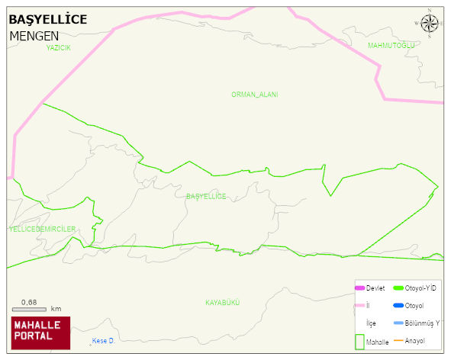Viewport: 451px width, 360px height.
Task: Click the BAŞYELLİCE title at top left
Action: click(47, 19)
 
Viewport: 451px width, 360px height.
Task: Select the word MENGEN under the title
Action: click(34, 36)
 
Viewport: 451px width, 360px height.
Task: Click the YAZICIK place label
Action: click(58, 47)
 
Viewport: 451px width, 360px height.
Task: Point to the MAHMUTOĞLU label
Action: click(391, 46)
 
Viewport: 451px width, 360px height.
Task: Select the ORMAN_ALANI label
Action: click(254, 95)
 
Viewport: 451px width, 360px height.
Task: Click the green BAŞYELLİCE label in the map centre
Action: click(206, 197)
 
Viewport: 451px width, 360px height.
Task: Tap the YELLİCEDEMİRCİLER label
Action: click(42, 229)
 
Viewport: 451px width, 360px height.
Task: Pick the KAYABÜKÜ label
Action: click(223, 303)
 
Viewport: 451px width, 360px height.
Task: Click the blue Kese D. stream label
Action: click(102, 340)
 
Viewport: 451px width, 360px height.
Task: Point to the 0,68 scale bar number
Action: click(29, 302)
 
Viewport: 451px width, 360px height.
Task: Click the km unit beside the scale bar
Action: click(56, 310)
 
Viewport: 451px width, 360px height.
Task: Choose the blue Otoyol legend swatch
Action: click(398, 306)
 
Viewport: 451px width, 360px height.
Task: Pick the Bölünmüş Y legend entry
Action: click(422, 323)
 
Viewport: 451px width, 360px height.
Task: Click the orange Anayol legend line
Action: click(398, 340)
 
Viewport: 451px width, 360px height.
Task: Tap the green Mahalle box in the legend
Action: click(360, 342)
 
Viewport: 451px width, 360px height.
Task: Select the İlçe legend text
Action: click(372, 323)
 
